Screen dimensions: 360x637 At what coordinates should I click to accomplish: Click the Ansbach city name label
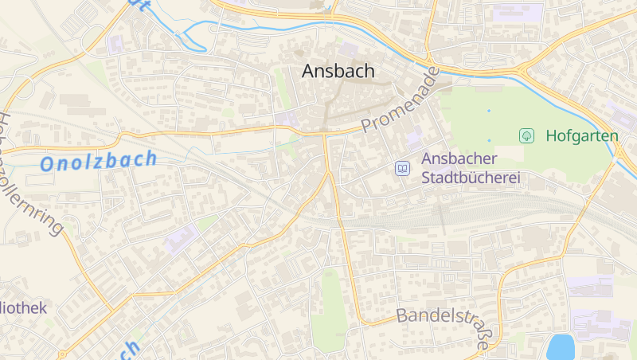(x=338, y=71)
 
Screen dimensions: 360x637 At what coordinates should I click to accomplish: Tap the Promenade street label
(x=401, y=100)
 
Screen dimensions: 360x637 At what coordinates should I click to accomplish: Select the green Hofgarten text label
(x=581, y=136)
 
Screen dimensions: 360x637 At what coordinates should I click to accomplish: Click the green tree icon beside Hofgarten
(x=526, y=136)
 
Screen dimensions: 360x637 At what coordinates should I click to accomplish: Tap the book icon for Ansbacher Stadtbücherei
(x=403, y=168)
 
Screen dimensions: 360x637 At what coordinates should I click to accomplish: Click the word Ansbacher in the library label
(x=459, y=159)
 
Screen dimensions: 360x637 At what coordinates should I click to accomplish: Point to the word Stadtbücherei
(x=470, y=178)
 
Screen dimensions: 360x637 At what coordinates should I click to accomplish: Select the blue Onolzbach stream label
(x=99, y=161)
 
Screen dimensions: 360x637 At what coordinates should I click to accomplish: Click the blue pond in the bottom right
(x=561, y=346)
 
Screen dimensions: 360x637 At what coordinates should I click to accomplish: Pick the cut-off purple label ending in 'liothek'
(x=24, y=307)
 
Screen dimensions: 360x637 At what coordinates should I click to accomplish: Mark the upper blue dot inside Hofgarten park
(x=489, y=110)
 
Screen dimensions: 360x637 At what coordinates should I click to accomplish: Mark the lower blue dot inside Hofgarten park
(x=489, y=140)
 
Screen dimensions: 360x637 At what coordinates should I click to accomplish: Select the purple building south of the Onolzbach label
(x=182, y=238)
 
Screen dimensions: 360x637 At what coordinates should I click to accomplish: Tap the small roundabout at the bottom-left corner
(x=62, y=354)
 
